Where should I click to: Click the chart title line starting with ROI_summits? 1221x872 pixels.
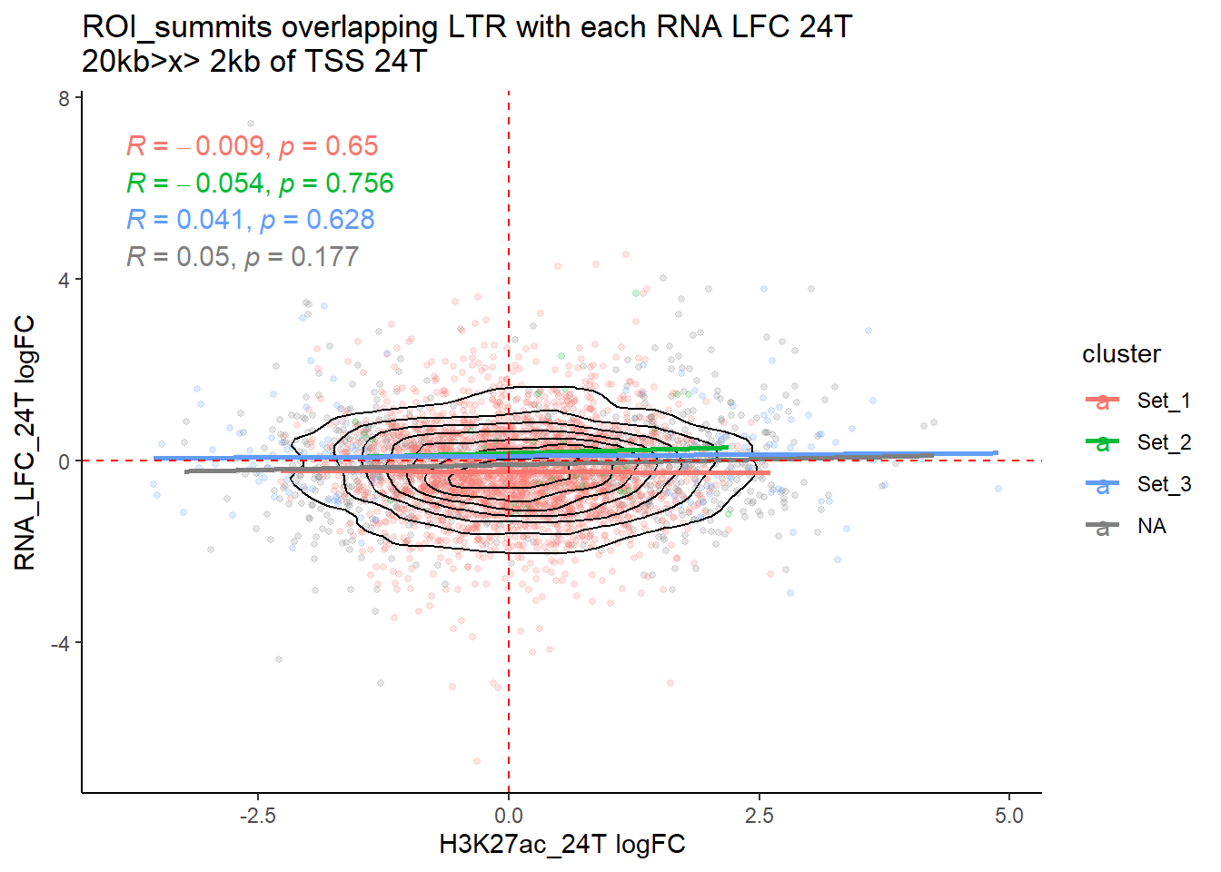(467, 27)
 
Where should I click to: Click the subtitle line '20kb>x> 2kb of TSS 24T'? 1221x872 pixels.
(254, 62)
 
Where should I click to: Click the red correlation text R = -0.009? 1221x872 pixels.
(252, 146)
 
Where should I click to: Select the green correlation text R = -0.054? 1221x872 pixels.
(260, 183)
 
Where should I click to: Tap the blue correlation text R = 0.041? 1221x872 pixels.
(250, 220)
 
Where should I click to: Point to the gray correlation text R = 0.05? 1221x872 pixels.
(243, 257)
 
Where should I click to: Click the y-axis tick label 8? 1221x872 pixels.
(64, 98)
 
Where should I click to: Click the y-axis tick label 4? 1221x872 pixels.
(64, 280)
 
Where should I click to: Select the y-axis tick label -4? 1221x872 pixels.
(60, 644)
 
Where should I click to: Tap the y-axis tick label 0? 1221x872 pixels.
(64, 461)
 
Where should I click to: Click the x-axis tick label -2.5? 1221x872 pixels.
(257, 816)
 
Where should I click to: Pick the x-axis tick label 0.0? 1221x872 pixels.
(509, 816)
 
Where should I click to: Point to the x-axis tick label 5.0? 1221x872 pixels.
(1008, 816)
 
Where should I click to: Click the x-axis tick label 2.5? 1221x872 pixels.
(759, 816)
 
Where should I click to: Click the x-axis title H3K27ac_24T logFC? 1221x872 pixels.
(561, 845)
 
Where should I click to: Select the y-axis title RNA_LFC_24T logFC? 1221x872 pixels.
(25, 443)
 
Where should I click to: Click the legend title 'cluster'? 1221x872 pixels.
(1121, 354)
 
